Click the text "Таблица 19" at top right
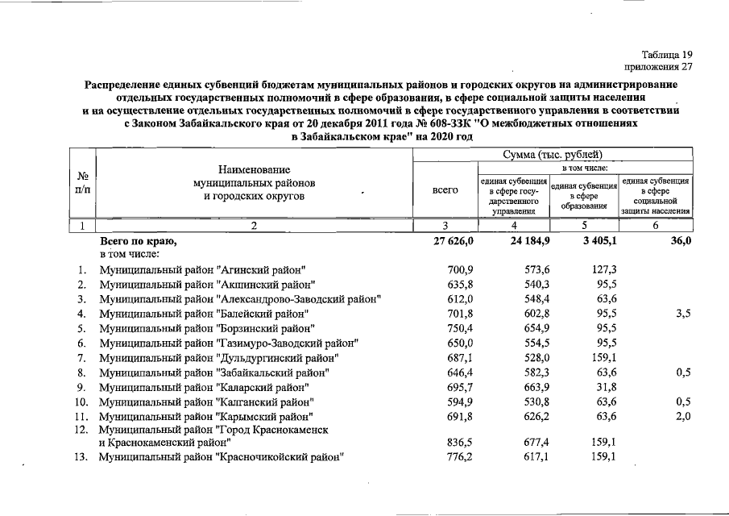click(x=667, y=53)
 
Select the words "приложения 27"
click(x=658, y=67)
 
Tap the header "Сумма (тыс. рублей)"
click(x=552, y=154)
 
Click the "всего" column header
click(x=445, y=190)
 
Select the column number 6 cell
click(x=655, y=226)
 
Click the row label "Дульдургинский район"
click(x=218, y=357)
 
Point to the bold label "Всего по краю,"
click(x=137, y=241)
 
